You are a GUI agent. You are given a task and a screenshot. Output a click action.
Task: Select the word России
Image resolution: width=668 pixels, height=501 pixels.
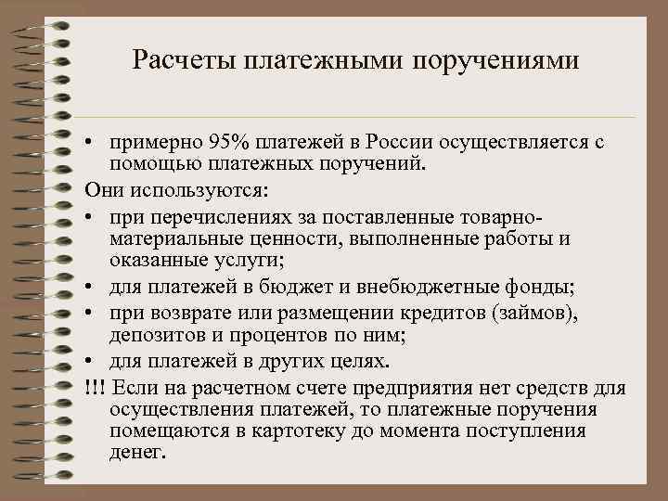tap(397, 142)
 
